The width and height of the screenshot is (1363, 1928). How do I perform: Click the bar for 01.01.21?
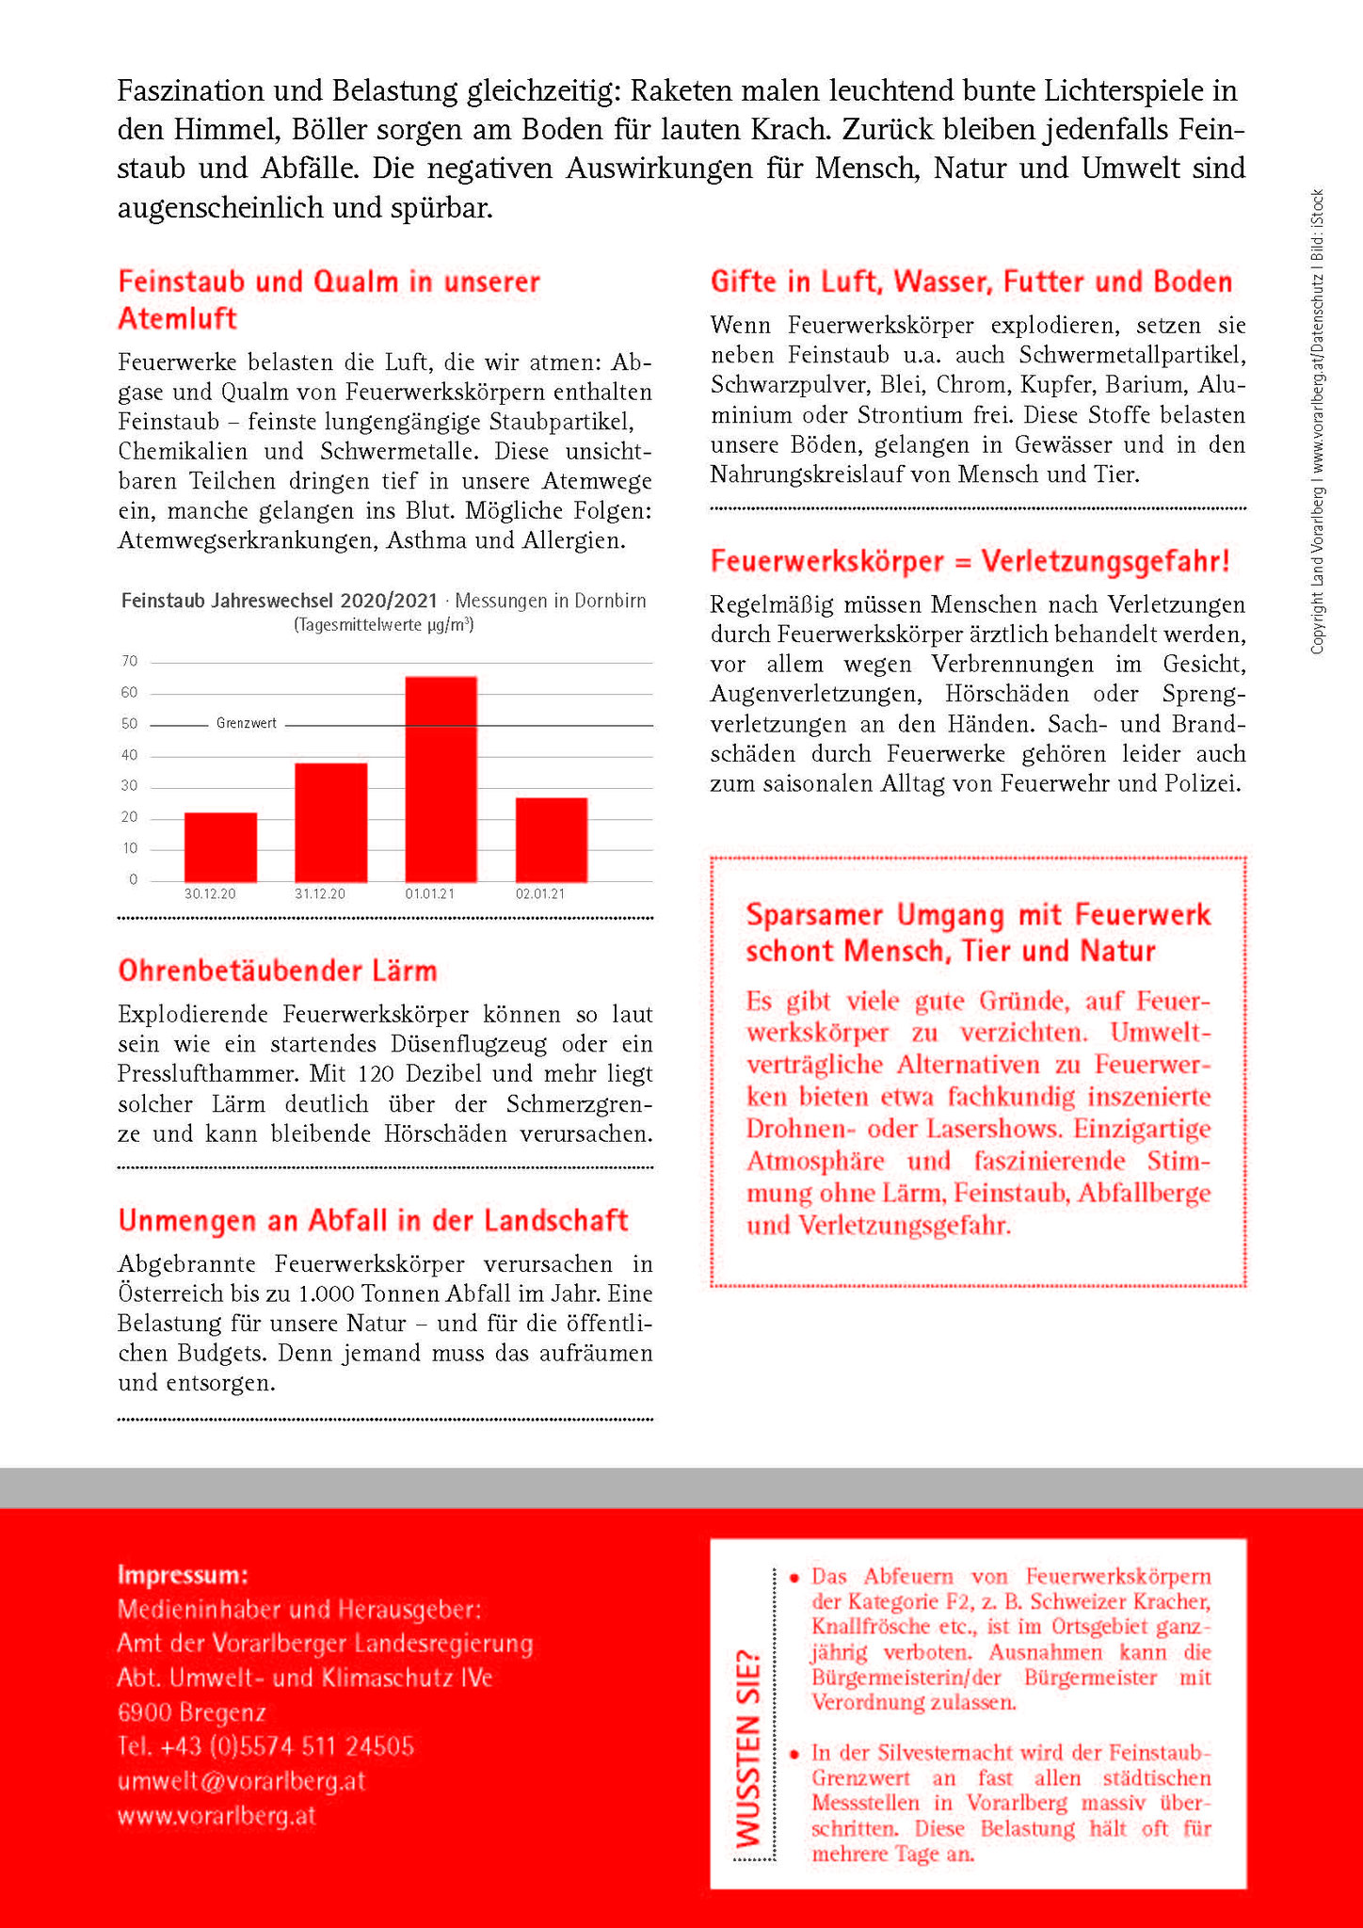click(441, 779)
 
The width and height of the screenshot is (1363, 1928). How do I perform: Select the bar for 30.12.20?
click(220, 847)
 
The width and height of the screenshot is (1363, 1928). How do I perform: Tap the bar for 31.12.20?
click(330, 823)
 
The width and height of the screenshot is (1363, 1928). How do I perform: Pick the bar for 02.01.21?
click(551, 840)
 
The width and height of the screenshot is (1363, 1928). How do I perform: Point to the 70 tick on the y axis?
click(130, 662)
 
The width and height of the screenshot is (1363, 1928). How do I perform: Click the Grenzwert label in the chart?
click(247, 724)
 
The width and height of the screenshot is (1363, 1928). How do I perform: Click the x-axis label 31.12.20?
click(320, 894)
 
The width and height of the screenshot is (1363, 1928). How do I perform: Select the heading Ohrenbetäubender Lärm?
click(278, 972)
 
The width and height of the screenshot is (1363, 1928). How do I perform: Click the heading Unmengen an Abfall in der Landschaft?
click(373, 1221)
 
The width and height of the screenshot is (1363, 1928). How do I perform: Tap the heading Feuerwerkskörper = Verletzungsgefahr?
click(970, 562)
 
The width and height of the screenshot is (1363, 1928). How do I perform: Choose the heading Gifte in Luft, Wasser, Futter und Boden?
click(970, 282)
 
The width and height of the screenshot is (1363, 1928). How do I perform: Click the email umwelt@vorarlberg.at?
click(241, 1782)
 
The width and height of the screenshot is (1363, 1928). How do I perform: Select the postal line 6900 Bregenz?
click(192, 1712)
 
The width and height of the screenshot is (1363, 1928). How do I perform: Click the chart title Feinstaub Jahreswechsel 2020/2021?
click(280, 602)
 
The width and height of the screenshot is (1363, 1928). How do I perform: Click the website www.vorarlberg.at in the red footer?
click(216, 1816)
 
